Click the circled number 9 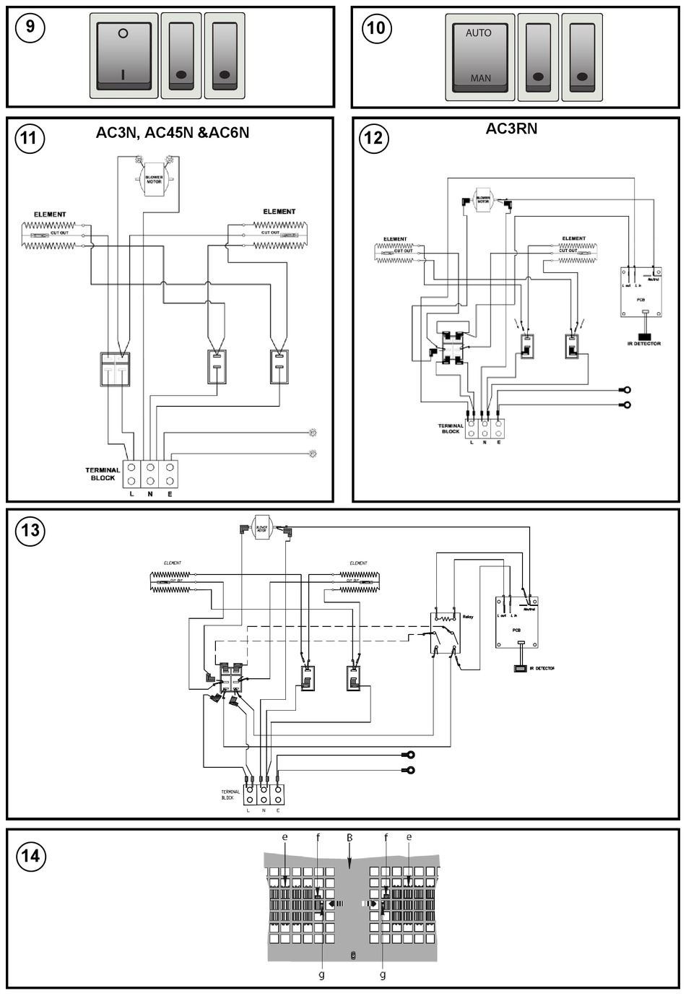pos(30,27)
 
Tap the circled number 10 pos(376,28)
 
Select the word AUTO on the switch pos(478,33)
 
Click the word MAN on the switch pos(480,78)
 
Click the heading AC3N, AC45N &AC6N pos(173,133)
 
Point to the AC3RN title pos(511,129)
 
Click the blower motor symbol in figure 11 pos(154,178)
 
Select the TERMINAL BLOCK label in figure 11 pos(103,474)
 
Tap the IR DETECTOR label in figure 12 pos(644,344)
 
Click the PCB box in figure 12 pos(641,291)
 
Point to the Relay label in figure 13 pos(468,617)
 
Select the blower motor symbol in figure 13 pos(261,528)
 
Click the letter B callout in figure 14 pos(349,838)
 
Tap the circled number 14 pos(30,856)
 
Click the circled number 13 pos(30,531)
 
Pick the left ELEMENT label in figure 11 pos(50,215)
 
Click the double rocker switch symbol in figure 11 pos(115,368)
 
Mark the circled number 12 pos(374,138)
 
